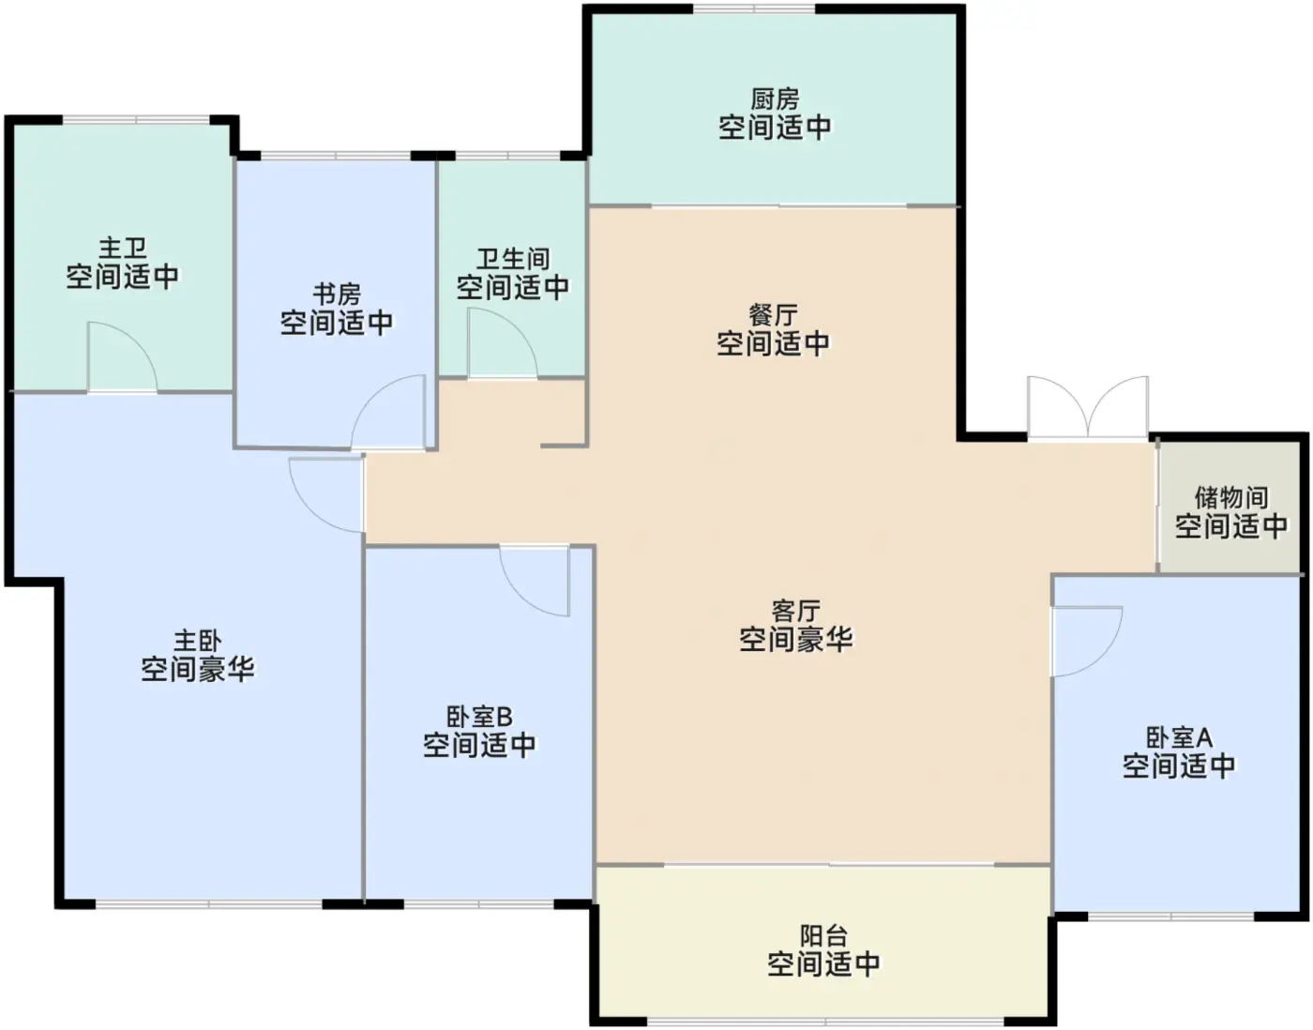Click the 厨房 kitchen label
point(775,98)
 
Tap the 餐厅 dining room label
point(774,315)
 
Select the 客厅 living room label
point(796,611)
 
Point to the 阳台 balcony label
point(823,936)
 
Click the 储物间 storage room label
point(1231,498)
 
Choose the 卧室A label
point(1180,737)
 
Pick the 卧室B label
point(479,717)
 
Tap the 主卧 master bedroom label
point(198,640)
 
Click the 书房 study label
point(337,295)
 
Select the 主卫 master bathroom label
point(123,248)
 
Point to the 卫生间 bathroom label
point(513,259)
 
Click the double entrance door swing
point(1088,406)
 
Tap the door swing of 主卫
point(123,357)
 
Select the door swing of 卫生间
point(503,343)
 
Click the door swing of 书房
point(388,412)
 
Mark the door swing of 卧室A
point(1088,641)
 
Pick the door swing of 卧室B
point(535,581)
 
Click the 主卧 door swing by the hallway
point(326,495)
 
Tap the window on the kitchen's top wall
point(753,9)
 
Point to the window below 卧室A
point(1171,916)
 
